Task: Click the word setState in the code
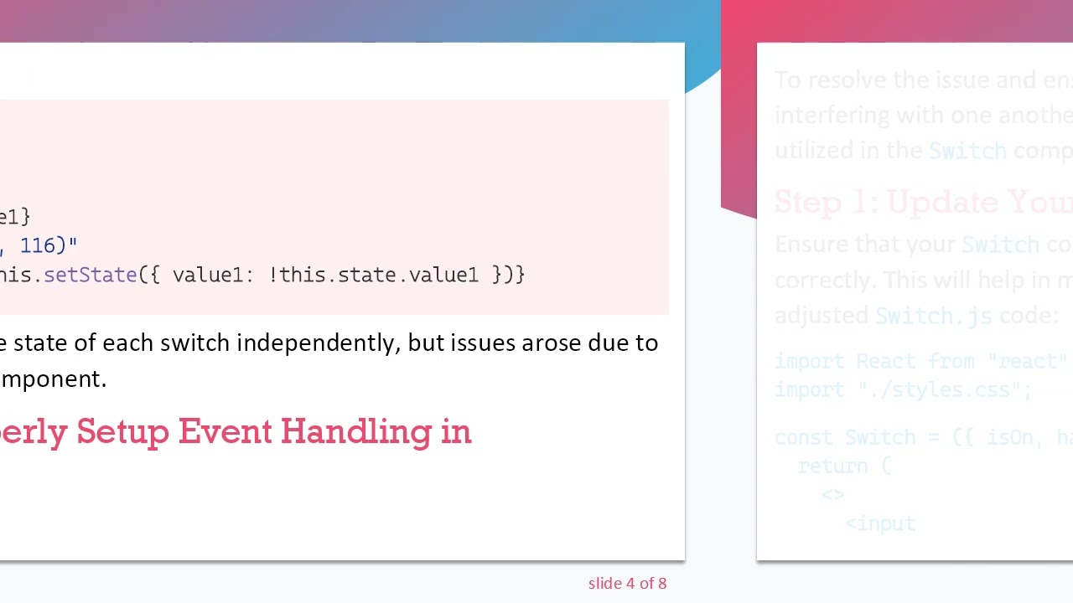coord(90,275)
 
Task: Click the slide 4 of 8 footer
coord(627,584)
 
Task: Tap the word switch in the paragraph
coord(195,343)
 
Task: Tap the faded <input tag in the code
coord(880,523)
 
